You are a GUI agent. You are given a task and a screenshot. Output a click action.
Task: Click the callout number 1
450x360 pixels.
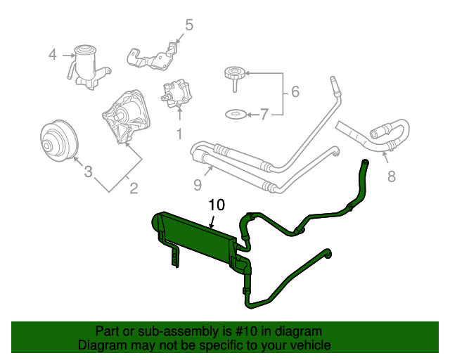tap(179, 132)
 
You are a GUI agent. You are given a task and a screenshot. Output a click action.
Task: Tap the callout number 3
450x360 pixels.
tap(88, 171)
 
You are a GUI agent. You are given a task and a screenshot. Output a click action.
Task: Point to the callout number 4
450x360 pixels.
tap(53, 53)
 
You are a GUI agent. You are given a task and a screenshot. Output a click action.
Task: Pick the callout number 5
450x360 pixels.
tap(188, 26)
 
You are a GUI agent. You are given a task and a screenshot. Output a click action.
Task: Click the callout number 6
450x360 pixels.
tap(295, 91)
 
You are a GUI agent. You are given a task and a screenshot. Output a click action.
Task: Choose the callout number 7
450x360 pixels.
tap(264, 114)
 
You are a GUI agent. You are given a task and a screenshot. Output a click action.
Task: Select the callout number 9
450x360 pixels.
tap(198, 185)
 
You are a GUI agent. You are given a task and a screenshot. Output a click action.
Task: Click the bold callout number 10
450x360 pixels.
tap(217, 205)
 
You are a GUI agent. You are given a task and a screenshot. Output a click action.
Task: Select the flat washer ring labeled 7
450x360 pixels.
tap(235, 113)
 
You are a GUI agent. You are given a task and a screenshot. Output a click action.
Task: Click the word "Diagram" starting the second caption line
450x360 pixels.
tap(101, 345)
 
